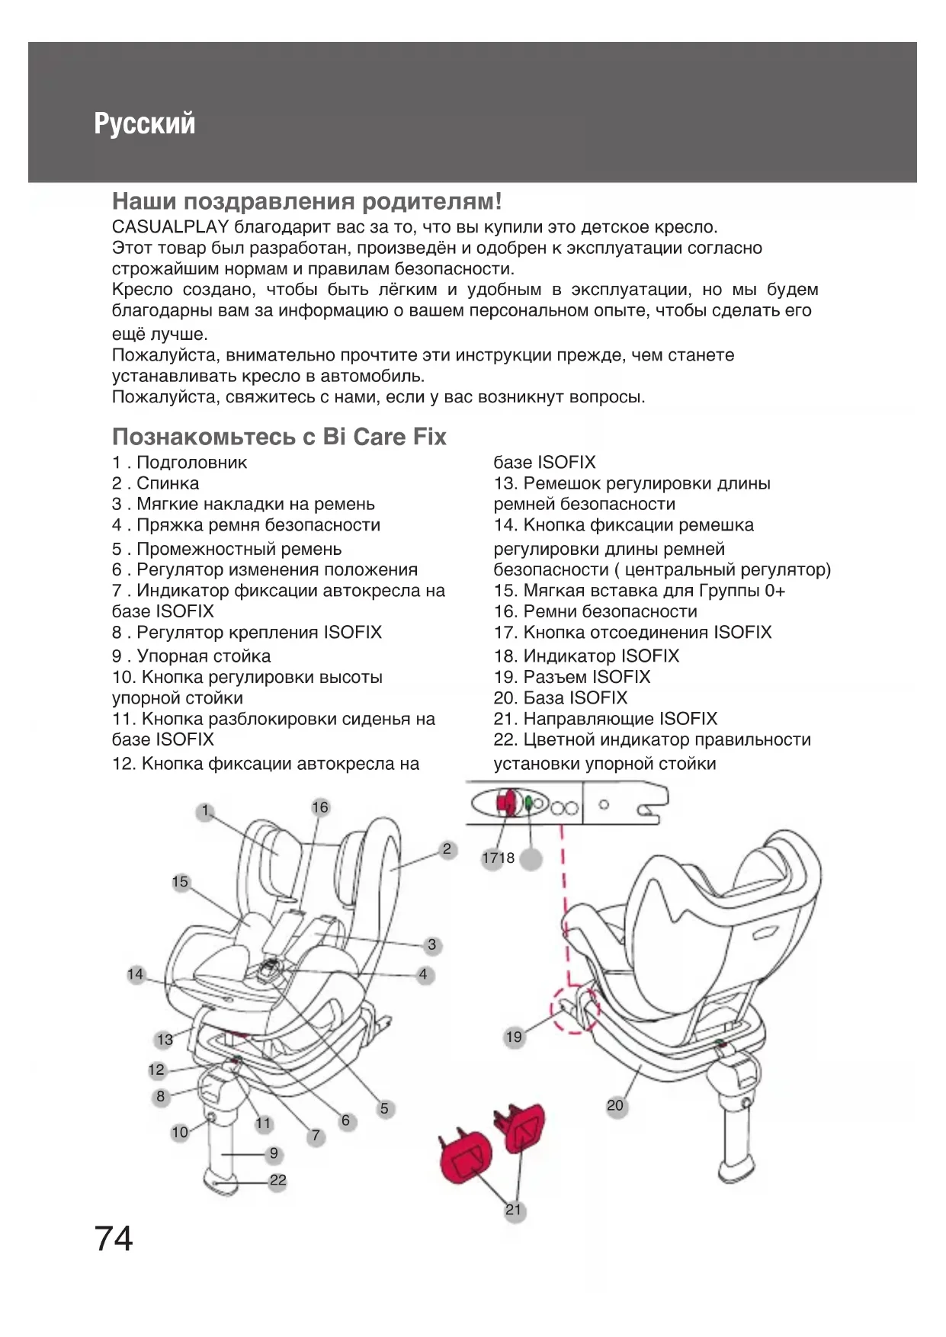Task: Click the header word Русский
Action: coord(145,123)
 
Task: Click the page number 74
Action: coord(114,1239)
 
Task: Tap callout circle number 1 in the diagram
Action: coord(204,811)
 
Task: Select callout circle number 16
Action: coord(320,807)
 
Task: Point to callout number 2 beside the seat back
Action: coord(447,849)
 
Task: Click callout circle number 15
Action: coord(180,882)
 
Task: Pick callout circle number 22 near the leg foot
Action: coord(278,1181)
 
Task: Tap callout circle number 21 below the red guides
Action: coord(514,1210)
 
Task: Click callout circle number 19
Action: coord(514,1037)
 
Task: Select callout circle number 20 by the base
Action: coord(615,1105)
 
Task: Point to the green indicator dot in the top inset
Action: coord(528,802)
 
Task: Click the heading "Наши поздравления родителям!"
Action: coord(306,202)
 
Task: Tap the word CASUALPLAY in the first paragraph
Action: coord(171,227)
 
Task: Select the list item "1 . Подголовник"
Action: coord(180,463)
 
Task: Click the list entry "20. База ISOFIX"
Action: coord(560,698)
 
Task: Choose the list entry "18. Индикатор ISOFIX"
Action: coord(586,656)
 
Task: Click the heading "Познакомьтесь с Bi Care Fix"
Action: coord(279,437)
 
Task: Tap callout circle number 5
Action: coord(384,1108)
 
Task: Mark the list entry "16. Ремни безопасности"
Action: coord(595,611)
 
